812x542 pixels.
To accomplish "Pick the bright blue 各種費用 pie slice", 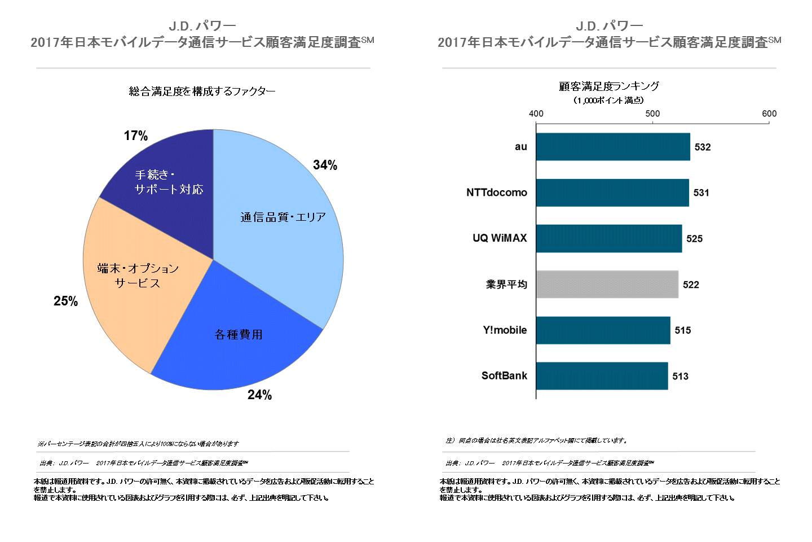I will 237,339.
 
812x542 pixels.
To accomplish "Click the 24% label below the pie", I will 259,395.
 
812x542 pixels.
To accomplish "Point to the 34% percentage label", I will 325,165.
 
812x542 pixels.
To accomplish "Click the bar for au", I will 613,147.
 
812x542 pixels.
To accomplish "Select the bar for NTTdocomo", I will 612,193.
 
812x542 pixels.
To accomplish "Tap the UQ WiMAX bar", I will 609,238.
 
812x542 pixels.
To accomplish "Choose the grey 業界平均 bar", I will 607,285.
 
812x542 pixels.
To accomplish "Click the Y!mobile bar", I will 603,330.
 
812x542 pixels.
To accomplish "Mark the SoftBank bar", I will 602,376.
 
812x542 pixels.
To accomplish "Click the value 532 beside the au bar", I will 703,147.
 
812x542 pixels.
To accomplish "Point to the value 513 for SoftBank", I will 681,377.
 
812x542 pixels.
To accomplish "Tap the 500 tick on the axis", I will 652,113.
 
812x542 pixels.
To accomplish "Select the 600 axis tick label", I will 769,113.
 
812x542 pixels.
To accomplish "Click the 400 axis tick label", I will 536,113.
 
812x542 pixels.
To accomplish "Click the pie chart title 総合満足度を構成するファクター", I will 202,91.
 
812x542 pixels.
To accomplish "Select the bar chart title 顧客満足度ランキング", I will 609,86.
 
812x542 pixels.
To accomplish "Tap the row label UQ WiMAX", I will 500,238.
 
